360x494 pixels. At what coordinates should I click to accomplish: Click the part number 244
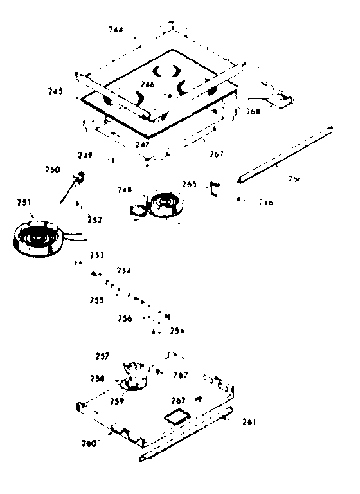coord(116,30)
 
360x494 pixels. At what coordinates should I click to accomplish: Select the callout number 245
coord(55,91)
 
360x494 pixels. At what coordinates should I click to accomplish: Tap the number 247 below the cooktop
coord(143,145)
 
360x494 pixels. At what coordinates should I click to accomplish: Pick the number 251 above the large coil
coord(24,203)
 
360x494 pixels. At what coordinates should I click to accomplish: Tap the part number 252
coord(95,220)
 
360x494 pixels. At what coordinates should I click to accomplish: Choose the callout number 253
coord(98,254)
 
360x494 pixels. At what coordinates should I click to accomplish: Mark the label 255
coord(97,300)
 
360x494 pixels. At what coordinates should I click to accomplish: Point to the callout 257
coord(102,356)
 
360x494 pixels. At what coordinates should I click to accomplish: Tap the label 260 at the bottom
coord(89,443)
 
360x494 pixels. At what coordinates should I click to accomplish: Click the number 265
coord(190,184)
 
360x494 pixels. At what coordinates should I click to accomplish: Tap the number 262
coord(179,375)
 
